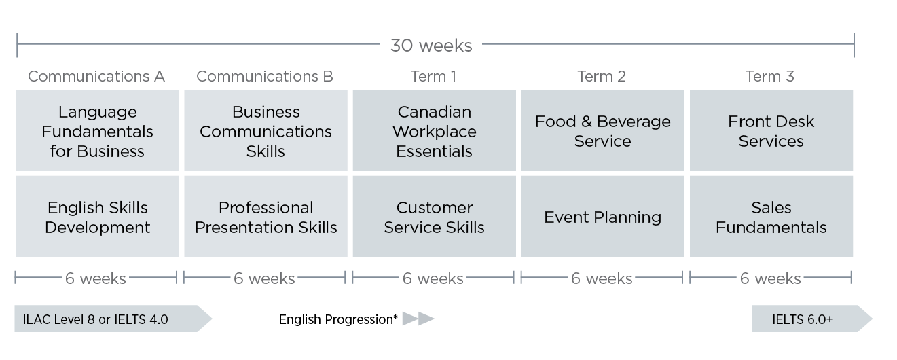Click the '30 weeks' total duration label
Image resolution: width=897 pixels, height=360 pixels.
(x=431, y=46)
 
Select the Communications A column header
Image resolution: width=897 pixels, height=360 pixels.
(x=96, y=76)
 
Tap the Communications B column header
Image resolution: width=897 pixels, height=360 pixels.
(x=265, y=76)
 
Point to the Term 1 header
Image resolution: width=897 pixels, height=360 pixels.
(x=433, y=76)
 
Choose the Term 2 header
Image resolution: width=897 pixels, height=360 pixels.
(x=602, y=76)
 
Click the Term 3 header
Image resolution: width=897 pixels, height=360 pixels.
(x=769, y=76)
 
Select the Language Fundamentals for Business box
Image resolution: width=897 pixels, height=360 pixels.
(x=97, y=130)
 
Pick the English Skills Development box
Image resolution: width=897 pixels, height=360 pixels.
(x=97, y=217)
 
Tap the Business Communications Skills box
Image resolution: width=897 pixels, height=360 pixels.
(x=266, y=130)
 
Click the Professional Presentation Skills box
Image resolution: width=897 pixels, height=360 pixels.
(x=266, y=217)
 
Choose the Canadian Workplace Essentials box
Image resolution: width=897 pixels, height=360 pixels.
(x=435, y=130)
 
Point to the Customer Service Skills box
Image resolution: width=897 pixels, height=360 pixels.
(x=435, y=217)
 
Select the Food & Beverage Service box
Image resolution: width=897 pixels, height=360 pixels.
(x=603, y=130)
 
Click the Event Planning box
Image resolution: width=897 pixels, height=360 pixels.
(x=603, y=217)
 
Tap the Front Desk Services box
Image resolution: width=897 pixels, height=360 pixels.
(x=771, y=130)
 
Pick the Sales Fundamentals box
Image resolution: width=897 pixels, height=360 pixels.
(x=771, y=217)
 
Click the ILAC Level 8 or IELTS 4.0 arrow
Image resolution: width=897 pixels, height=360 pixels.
(x=113, y=319)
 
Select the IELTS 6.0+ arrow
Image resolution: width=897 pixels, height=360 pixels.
(x=811, y=319)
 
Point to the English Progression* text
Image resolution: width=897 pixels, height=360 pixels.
(x=338, y=319)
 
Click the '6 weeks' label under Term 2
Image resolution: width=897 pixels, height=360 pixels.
(x=602, y=278)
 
